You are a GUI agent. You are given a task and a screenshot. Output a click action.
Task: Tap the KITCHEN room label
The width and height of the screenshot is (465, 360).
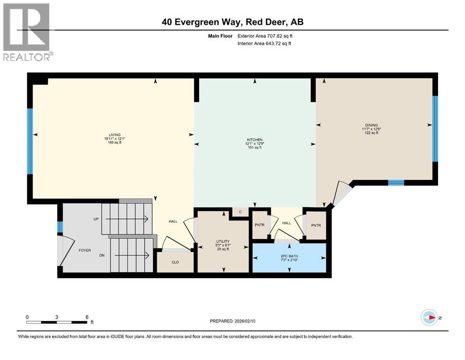(254, 140)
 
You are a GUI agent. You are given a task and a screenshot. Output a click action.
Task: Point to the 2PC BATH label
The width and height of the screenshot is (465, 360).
(289, 256)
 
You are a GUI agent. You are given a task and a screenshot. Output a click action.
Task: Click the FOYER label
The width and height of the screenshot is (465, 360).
(84, 250)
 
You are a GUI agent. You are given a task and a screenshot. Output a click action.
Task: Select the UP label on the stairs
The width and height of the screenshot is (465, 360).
(96, 219)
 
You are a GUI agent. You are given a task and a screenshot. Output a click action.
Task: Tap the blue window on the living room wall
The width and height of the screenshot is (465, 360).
(30, 141)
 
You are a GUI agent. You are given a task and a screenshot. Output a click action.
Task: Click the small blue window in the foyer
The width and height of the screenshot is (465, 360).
(60, 227)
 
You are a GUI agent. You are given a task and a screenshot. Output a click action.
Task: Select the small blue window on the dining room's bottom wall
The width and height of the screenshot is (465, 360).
(396, 183)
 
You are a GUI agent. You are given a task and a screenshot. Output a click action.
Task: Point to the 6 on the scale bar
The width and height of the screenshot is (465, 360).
(87, 317)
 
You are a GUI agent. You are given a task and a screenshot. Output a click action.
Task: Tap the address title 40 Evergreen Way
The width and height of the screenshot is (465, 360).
(233, 22)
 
